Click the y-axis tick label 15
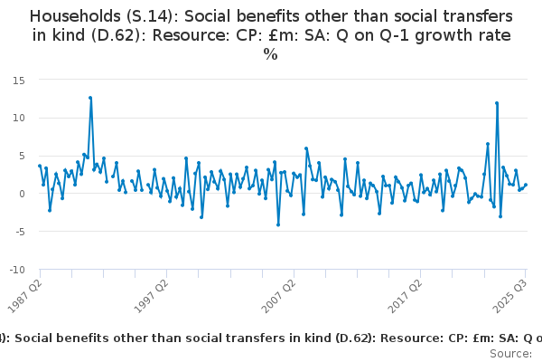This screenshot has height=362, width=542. pyautogui.click(x=18, y=80)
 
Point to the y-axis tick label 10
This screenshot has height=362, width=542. pyautogui.click(x=18, y=118)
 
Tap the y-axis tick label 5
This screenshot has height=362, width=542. pyautogui.click(x=21, y=156)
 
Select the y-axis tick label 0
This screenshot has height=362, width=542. pyautogui.click(x=21, y=194)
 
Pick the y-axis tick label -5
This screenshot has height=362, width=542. pyautogui.click(x=19, y=232)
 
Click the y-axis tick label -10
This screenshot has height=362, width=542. pyautogui.click(x=16, y=270)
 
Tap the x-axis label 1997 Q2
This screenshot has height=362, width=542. pyautogui.click(x=152, y=291)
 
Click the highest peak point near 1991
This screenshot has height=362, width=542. pyautogui.click(x=90, y=98)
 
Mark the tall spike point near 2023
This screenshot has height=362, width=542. pyautogui.click(x=497, y=103)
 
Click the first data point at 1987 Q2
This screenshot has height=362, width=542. pyautogui.click(x=40, y=166)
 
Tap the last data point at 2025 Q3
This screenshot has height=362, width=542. pyautogui.click(x=526, y=185)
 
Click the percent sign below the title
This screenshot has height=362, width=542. pyautogui.click(x=270, y=54)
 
